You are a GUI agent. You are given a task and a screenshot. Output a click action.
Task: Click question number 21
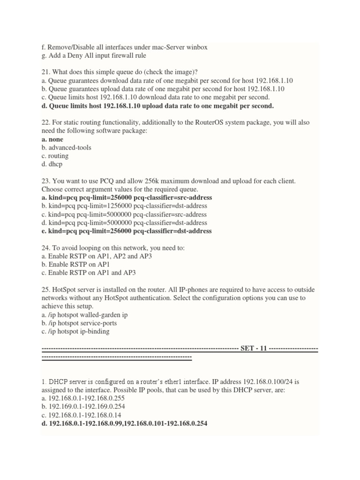(x=46, y=72)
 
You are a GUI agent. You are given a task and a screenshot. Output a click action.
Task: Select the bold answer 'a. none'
(x=52, y=139)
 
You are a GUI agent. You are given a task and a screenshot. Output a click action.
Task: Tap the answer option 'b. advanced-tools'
(x=66, y=148)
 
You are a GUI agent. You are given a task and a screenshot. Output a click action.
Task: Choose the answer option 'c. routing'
(x=55, y=156)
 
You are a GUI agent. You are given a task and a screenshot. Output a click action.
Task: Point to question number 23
(x=46, y=181)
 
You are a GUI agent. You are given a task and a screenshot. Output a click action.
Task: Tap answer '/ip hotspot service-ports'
(x=82, y=323)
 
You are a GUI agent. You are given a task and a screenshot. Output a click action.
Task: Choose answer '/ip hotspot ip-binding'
(x=79, y=331)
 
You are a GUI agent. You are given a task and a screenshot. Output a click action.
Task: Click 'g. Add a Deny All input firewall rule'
(x=94, y=55)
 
